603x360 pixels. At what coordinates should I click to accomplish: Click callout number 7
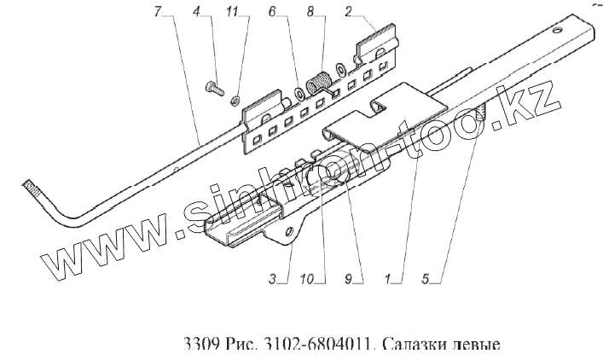tap(158, 12)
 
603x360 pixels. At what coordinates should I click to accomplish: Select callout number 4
tap(196, 12)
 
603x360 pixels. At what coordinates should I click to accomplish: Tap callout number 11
tap(232, 12)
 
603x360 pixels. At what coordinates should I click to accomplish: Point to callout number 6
tap(273, 12)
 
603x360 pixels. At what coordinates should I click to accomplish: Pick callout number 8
tap(310, 12)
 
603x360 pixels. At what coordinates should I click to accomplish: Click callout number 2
tap(350, 12)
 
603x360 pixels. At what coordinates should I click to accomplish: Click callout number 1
tap(390, 277)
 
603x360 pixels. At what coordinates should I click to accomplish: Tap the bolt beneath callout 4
tap(214, 86)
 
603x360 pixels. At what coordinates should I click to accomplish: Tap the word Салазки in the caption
tap(415, 345)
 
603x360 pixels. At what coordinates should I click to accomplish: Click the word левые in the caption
tap(474, 345)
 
